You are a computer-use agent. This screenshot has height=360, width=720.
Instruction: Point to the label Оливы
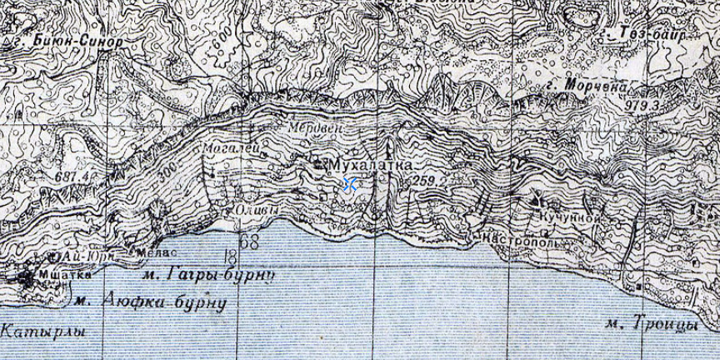254,208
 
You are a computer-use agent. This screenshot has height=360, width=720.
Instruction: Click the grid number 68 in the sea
248,242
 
